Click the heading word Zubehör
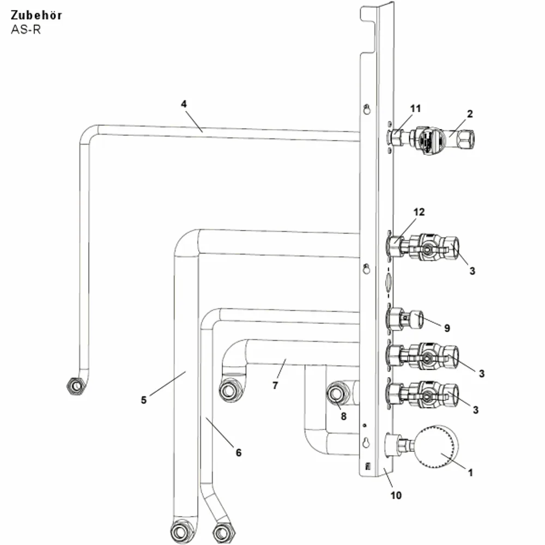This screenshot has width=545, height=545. point(37,15)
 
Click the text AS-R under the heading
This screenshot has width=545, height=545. point(26,30)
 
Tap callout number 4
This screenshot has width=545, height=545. point(184,104)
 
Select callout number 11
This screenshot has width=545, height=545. point(415,109)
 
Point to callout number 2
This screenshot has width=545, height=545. point(470,114)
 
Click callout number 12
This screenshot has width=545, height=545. point(419,212)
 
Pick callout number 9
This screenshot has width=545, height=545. point(447,328)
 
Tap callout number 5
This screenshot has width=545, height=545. point(144,400)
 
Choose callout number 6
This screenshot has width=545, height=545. point(239,452)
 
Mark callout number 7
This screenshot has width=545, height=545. point(275,385)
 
